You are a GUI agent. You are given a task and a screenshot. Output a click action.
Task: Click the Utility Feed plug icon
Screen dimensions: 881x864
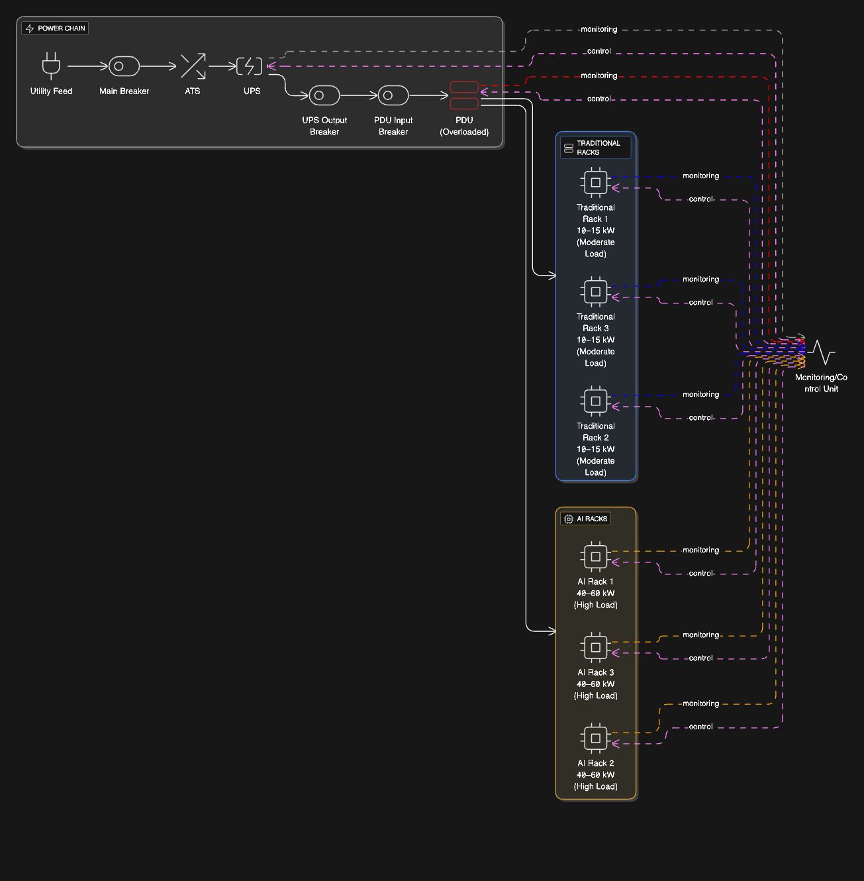(x=51, y=66)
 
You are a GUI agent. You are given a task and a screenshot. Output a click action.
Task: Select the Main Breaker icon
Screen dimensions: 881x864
(x=124, y=66)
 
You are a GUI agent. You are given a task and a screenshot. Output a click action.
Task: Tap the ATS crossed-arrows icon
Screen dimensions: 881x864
(x=193, y=66)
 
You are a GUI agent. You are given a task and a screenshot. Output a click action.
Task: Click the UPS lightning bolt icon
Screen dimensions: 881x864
(x=250, y=66)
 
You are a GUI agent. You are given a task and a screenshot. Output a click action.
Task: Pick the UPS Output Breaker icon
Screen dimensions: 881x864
(x=324, y=95)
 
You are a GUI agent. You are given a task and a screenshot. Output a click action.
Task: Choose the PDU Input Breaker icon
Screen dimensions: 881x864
(x=393, y=95)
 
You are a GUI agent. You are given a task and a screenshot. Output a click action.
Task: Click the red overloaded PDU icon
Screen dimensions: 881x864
(x=464, y=95)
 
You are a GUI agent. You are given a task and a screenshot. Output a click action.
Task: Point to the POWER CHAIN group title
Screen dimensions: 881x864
(x=55, y=28)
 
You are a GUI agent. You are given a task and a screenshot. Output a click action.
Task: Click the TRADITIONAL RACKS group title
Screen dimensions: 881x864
(x=595, y=148)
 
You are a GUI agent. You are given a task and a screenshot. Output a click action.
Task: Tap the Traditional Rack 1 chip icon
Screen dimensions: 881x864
(x=595, y=182)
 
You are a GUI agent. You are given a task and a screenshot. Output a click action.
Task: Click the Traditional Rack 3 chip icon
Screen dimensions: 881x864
(x=595, y=291)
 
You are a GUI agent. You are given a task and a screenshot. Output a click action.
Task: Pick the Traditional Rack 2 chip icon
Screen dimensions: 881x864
(x=595, y=401)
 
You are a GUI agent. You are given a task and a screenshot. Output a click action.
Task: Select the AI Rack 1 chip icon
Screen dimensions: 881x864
(x=595, y=556)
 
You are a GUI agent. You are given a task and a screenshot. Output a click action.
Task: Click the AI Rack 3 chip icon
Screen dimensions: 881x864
(x=595, y=647)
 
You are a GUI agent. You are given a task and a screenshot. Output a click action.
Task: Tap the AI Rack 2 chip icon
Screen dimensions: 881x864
(x=595, y=738)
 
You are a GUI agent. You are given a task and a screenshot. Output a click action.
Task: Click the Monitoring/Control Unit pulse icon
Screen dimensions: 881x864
(x=821, y=352)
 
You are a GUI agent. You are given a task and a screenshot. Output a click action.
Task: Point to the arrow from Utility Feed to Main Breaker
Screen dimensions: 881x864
(x=87, y=66)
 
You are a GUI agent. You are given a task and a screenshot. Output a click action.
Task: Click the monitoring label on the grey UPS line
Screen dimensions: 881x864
(x=599, y=29)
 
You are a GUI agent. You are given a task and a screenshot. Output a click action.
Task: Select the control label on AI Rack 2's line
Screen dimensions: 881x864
(x=700, y=727)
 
